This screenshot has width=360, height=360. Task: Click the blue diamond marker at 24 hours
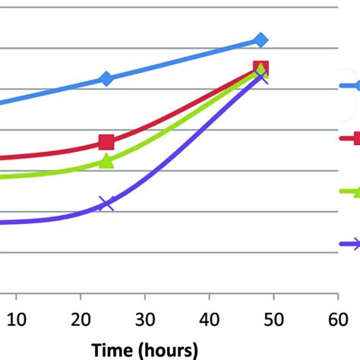(106, 78)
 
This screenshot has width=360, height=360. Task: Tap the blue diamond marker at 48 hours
(261, 39)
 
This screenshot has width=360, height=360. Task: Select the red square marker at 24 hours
(106, 142)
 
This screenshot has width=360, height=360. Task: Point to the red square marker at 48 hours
(261, 69)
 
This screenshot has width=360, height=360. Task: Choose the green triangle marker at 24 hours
(106, 161)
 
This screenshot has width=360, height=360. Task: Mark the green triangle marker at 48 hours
(261, 72)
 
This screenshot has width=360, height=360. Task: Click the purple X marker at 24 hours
(106, 203)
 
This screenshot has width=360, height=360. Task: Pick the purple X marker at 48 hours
(261, 77)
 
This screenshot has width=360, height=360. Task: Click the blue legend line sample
(349, 87)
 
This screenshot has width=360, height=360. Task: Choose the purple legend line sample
(350, 243)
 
